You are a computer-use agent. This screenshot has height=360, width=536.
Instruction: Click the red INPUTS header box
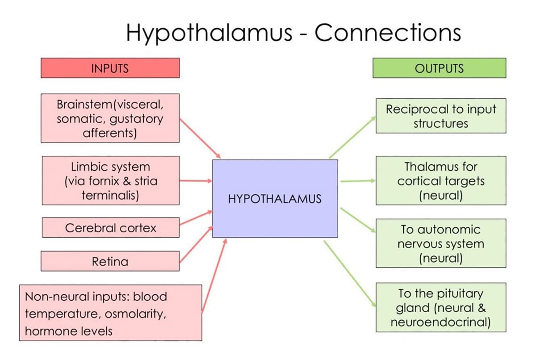(x=110, y=68)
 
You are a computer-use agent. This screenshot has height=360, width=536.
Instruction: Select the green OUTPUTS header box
(x=440, y=68)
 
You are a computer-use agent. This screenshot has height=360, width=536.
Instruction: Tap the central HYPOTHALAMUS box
(x=275, y=198)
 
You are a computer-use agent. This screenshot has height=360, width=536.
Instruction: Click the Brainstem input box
(x=110, y=118)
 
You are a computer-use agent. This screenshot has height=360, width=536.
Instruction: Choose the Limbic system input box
(x=110, y=180)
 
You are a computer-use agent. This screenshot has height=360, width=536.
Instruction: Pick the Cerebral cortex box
(x=110, y=227)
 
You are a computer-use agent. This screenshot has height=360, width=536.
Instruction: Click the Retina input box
(x=110, y=261)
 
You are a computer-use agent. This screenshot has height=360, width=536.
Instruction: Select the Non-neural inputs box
(x=110, y=313)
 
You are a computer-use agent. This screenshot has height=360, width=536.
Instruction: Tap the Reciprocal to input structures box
(x=441, y=116)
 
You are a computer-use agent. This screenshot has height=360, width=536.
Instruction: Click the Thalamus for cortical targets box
(x=441, y=180)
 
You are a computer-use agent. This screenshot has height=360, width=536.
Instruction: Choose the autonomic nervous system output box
(x=441, y=243)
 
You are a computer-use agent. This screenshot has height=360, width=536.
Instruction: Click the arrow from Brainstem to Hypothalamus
(x=200, y=138)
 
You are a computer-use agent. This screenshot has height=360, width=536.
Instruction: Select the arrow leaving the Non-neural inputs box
(x=215, y=275)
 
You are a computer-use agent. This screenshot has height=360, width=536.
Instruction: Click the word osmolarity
(x=136, y=314)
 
